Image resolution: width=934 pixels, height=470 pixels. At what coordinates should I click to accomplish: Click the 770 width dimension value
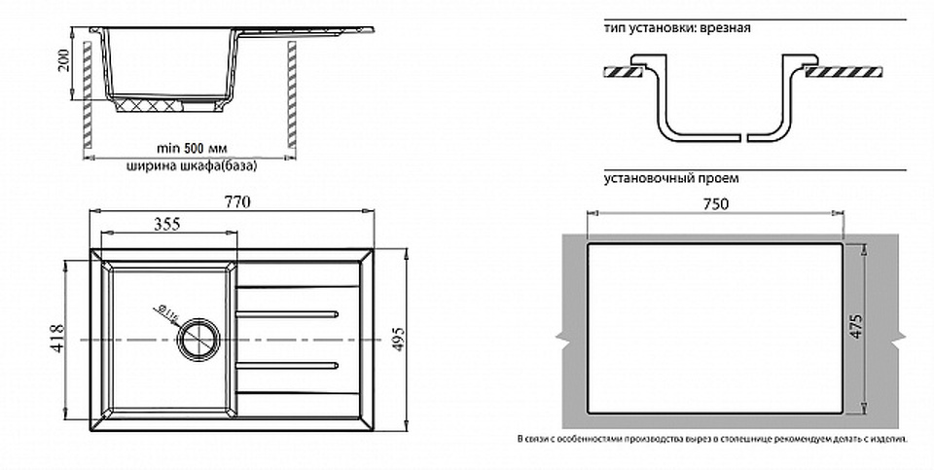[238, 202]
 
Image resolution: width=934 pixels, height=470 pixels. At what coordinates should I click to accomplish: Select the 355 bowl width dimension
[167, 224]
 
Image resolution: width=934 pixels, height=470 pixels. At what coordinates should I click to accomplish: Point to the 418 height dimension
[57, 339]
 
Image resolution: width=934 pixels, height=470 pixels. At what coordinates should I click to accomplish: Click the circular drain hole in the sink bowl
[199, 339]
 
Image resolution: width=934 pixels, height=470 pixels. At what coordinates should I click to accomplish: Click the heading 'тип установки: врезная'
[676, 28]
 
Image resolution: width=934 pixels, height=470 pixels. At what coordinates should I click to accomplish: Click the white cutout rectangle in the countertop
[714, 330]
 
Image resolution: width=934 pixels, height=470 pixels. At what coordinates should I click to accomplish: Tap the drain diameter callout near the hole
[163, 313]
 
